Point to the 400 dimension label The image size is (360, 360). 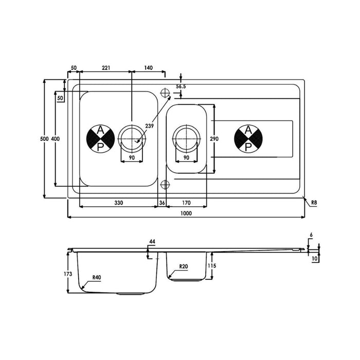[55, 139]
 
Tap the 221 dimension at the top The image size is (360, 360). [106, 68]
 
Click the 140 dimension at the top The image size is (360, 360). [148, 68]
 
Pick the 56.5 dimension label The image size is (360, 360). [181, 87]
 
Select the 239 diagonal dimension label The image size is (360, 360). [149, 127]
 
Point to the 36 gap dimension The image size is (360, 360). [161, 203]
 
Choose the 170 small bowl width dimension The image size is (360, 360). [186, 203]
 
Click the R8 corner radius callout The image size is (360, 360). [314, 203]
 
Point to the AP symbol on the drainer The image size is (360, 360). [248, 139]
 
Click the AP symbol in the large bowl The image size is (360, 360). [101, 139]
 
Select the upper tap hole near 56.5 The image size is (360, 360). [165, 93]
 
